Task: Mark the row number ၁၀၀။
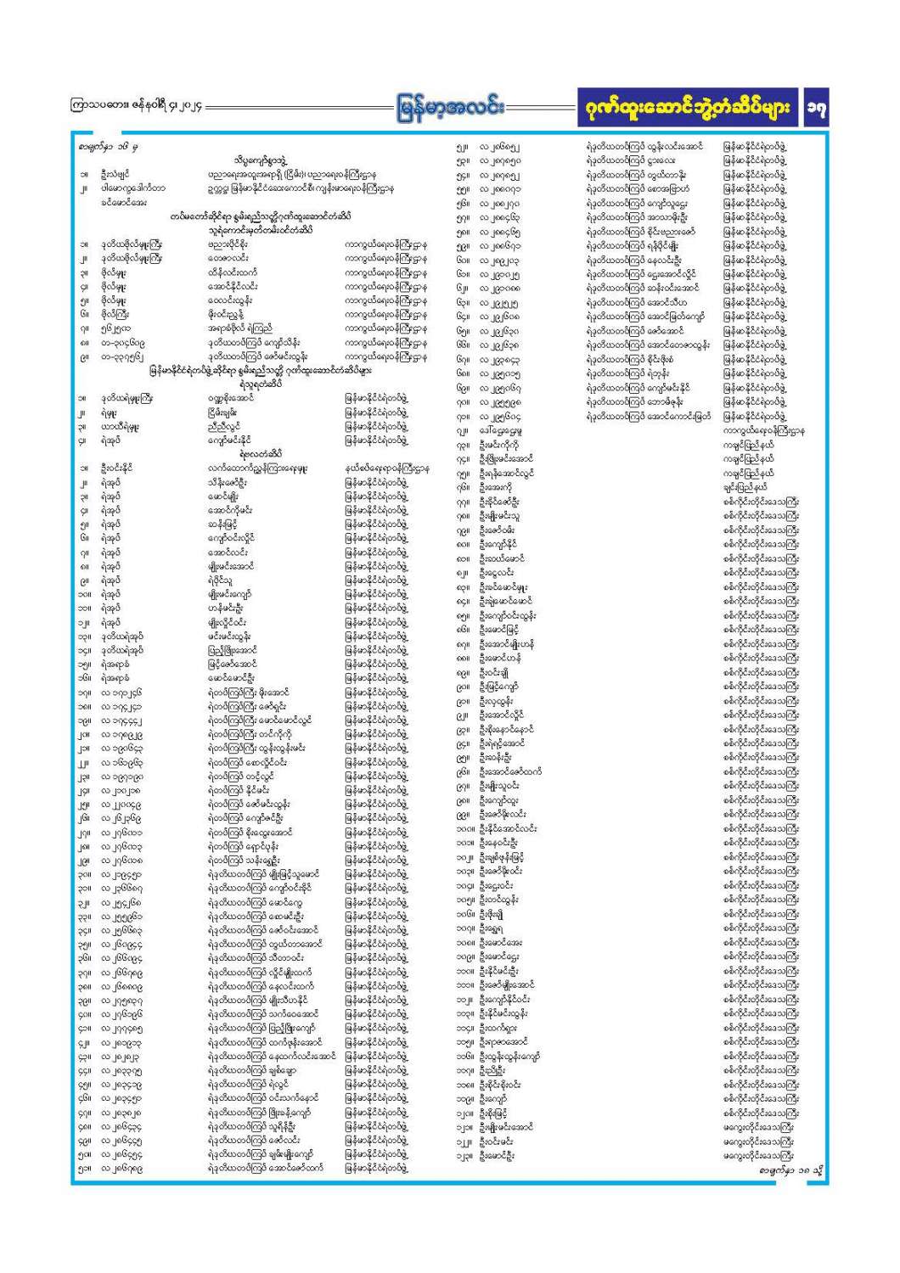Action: [x=463, y=827]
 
